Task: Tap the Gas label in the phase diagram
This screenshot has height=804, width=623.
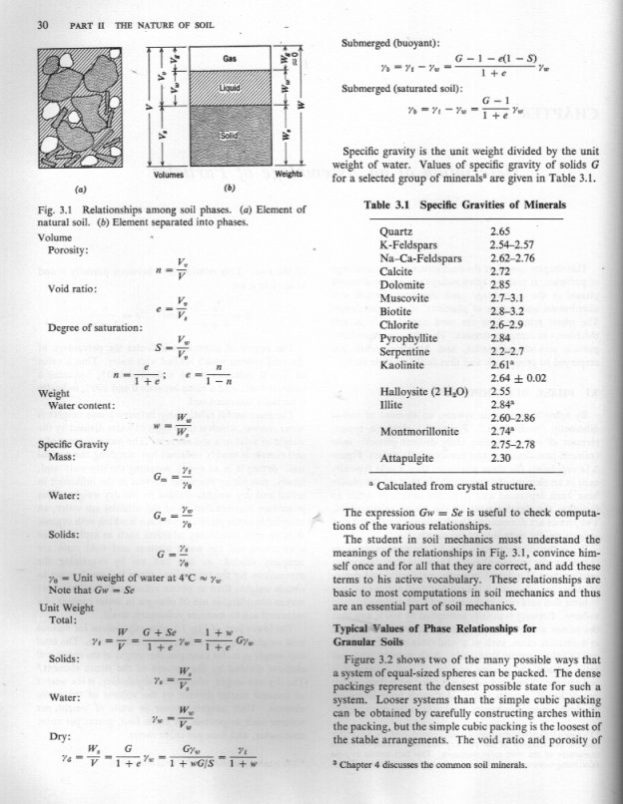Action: coord(229,61)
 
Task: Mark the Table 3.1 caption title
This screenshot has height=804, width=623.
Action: coord(465,204)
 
